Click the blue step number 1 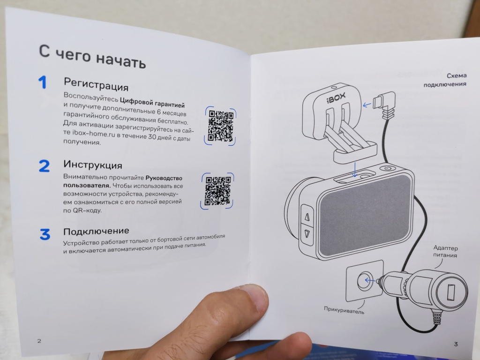point(43,82)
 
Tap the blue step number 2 point(45,166)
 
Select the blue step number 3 point(45,234)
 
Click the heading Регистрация point(96,84)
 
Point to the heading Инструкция point(93,165)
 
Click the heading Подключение point(96,231)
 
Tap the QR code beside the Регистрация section point(220,126)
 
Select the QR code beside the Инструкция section point(217,191)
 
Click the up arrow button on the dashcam point(307,216)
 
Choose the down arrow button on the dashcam point(307,235)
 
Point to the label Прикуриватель point(344,310)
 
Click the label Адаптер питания point(445,251)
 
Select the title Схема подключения point(445,80)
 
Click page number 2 point(39,341)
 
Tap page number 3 point(456,344)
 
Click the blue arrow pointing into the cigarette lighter point(370,280)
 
